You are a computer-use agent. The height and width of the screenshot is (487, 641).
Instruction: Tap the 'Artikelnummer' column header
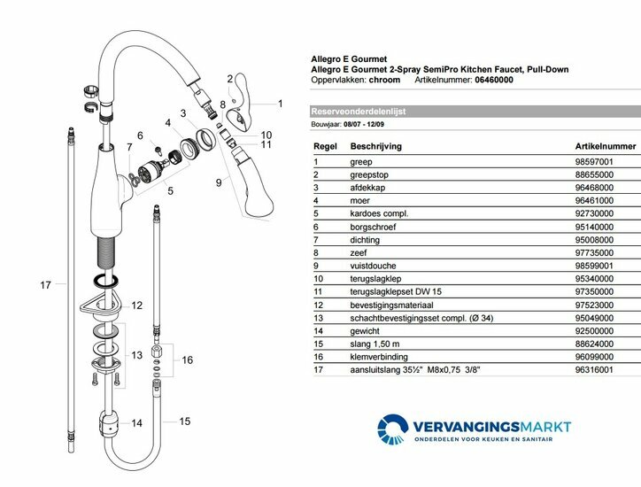click(605, 144)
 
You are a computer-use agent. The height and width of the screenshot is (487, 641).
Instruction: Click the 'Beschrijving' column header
click(379, 144)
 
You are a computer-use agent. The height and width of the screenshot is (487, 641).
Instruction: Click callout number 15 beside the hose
click(186, 421)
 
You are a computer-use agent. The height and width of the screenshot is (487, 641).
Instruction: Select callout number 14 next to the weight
click(136, 423)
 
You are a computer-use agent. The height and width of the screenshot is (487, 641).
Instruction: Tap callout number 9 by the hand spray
click(218, 182)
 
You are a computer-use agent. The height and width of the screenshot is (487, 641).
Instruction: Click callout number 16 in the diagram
click(187, 360)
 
